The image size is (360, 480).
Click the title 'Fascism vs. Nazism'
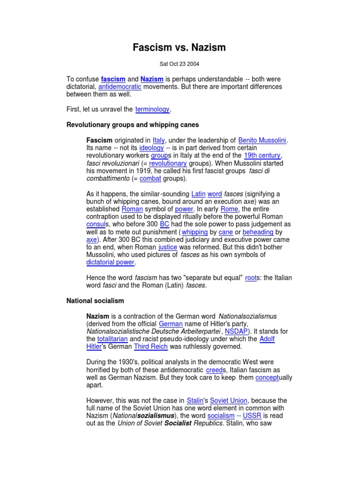click(x=180, y=47)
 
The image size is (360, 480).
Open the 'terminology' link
click(x=152, y=109)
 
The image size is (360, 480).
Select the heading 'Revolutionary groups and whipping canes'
click(x=133, y=125)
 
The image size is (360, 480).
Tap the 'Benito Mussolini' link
click(x=262, y=140)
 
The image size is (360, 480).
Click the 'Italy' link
click(x=159, y=140)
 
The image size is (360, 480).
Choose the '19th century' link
click(x=262, y=155)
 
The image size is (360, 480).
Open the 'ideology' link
click(x=151, y=148)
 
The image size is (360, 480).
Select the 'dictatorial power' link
click(x=110, y=262)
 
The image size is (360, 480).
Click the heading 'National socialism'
click(x=95, y=300)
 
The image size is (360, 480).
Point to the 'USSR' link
click(x=252, y=416)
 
